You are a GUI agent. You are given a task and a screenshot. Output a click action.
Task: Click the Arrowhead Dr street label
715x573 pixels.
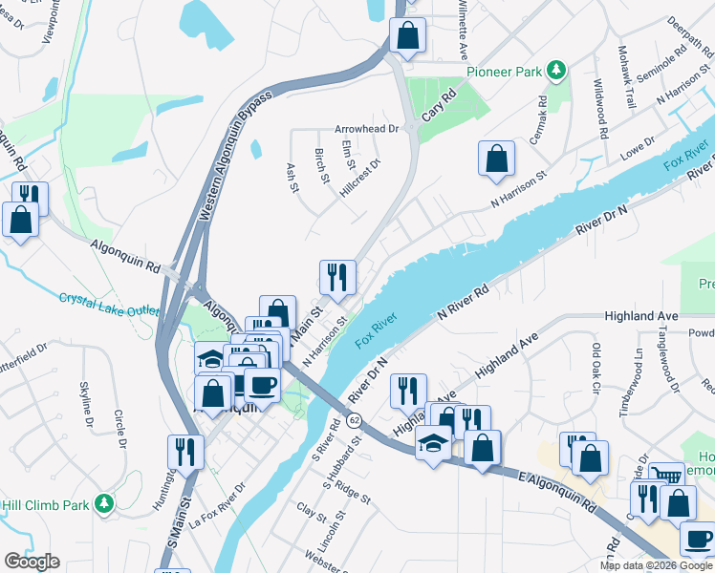(x=366, y=128)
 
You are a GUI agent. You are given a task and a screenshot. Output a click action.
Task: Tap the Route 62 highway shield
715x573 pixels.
(x=354, y=419)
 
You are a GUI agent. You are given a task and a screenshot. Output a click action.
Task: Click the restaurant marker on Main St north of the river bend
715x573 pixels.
(x=336, y=277)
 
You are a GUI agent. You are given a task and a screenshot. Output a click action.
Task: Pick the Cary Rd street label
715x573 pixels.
(x=440, y=112)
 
